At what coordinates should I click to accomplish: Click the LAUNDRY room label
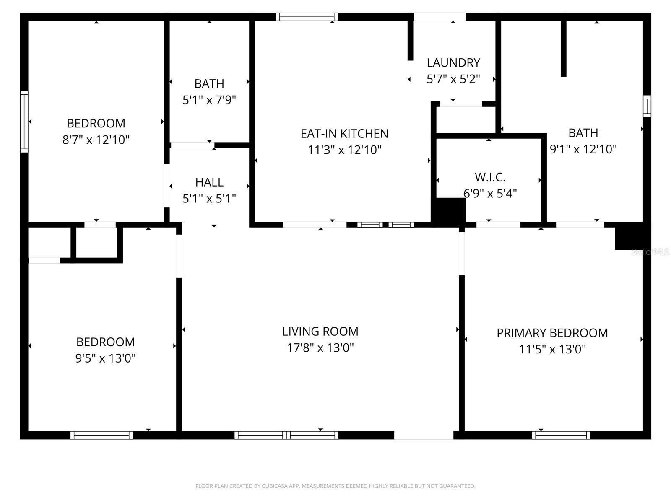pyautogui.click(x=453, y=63)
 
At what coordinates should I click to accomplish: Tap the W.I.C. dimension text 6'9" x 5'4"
pyautogui.click(x=490, y=193)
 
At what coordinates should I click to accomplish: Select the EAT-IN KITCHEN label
pyautogui.click(x=344, y=134)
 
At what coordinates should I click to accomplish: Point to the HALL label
pyautogui.click(x=209, y=182)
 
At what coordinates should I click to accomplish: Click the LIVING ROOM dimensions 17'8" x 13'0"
pyautogui.click(x=320, y=348)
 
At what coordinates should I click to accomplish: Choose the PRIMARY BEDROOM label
pyautogui.click(x=552, y=333)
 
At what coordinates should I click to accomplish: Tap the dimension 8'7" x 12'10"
pyautogui.click(x=96, y=140)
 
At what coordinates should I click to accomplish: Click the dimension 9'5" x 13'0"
pyautogui.click(x=106, y=358)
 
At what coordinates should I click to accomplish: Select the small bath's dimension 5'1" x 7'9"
pyautogui.click(x=209, y=100)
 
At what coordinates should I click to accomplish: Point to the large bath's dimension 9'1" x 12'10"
pyautogui.click(x=583, y=149)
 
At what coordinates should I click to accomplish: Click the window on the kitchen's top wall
pyautogui.click(x=307, y=17)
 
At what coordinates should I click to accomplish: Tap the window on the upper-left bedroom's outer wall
pyautogui.click(x=24, y=122)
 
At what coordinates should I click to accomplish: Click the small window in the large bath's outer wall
pyautogui.click(x=647, y=106)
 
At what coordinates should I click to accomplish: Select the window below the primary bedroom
pyautogui.click(x=561, y=435)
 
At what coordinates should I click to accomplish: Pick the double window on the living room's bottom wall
pyautogui.click(x=286, y=435)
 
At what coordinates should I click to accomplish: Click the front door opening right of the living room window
pyautogui.click(x=424, y=435)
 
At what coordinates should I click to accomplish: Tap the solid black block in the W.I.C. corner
pyautogui.click(x=449, y=212)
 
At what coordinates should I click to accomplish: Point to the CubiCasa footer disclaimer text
pyautogui.click(x=335, y=486)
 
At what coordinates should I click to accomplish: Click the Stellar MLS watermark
pyautogui.click(x=650, y=252)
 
